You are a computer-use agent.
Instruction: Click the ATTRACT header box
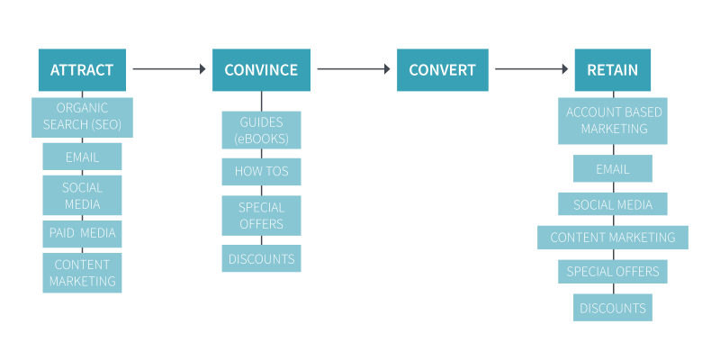point(82,70)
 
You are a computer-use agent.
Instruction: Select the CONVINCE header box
point(261,70)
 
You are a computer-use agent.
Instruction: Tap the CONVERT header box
point(443,70)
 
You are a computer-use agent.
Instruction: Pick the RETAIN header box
point(612,70)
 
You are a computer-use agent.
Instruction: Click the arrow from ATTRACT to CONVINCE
point(169,68)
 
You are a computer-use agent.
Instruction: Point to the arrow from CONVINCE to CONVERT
point(353,68)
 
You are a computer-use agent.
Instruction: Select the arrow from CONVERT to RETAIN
point(531,68)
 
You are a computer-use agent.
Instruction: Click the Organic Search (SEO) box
point(82,118)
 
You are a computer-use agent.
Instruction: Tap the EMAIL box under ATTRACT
point(82,157)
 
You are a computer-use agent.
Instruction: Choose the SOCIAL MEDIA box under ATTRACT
point(82,195)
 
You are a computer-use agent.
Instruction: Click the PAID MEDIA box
point(82,234)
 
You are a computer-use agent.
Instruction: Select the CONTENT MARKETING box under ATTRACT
point(82,273)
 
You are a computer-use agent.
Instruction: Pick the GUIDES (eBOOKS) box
point(261,130)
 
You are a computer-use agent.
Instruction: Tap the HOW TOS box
point(261,172)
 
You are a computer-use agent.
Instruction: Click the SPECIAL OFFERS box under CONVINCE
point(261,215)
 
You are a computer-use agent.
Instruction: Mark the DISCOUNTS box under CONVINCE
point(261,258)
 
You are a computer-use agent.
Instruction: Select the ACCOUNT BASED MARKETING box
point(612,121)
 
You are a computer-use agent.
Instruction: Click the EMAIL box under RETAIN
point(612,168)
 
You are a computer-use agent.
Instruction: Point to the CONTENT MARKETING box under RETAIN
point(612,238)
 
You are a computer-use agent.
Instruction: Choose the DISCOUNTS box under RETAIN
point(612,308)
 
